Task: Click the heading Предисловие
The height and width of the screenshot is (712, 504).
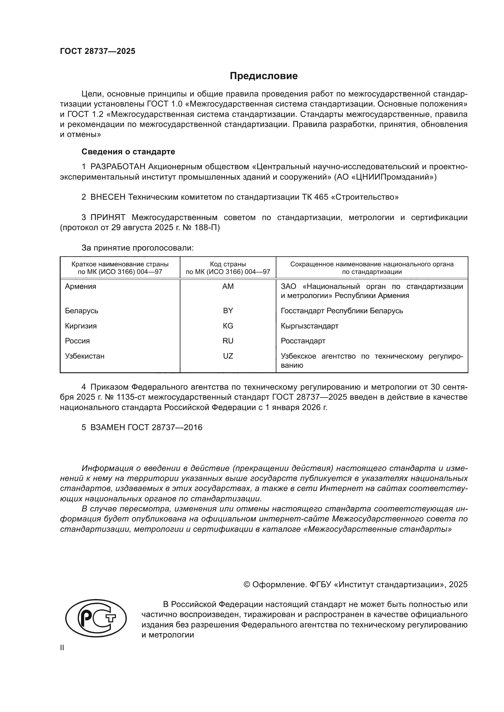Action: tap(264, 76)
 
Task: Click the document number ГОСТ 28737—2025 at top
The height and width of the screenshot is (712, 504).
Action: tap(98, 51)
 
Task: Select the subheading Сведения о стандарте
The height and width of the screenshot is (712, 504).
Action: tap(128, 152)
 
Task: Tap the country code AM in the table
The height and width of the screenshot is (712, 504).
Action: tap(228, 286)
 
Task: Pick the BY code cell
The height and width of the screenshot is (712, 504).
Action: tap(228, 311)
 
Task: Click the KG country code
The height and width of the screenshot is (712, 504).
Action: tap(228, 326)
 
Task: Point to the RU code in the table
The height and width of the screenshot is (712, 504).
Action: tap(228, 341)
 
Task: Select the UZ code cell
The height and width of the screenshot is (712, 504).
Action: tap(228, 356)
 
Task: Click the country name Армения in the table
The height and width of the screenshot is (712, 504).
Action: tap(80, 286)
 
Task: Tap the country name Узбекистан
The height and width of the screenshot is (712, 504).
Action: tap(84, 356)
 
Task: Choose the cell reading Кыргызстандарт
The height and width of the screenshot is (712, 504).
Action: tap(309, 326)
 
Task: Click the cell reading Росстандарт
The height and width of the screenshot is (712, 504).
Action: tap(303, 341)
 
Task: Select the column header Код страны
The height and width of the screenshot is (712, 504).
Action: tap(228, 264)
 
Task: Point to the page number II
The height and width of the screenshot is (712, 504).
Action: tap(62, 647)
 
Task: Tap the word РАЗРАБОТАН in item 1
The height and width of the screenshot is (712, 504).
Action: tap(118, 167)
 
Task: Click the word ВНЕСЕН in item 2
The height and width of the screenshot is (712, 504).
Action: tap(108, 197)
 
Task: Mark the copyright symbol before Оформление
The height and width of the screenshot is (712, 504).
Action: tap(247, 584)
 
